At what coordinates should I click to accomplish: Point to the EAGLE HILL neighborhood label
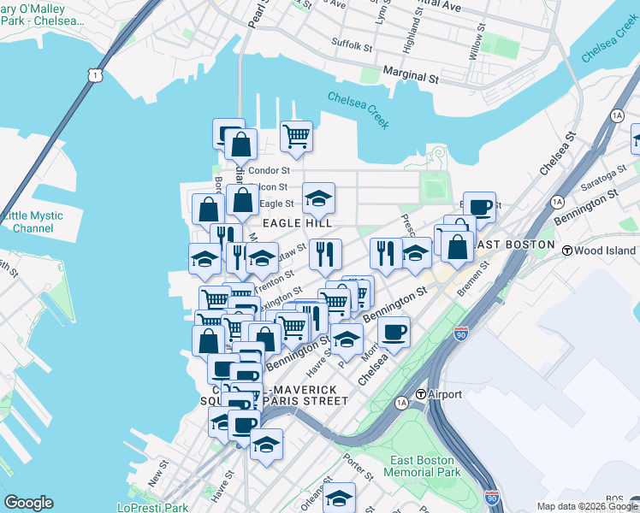297,223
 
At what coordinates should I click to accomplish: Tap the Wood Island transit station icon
566,250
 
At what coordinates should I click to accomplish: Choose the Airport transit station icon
421,395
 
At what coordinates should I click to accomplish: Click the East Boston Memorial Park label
425,466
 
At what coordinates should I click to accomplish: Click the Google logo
28,503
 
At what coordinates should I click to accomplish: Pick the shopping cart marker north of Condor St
296,136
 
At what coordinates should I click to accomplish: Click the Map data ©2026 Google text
587,506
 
